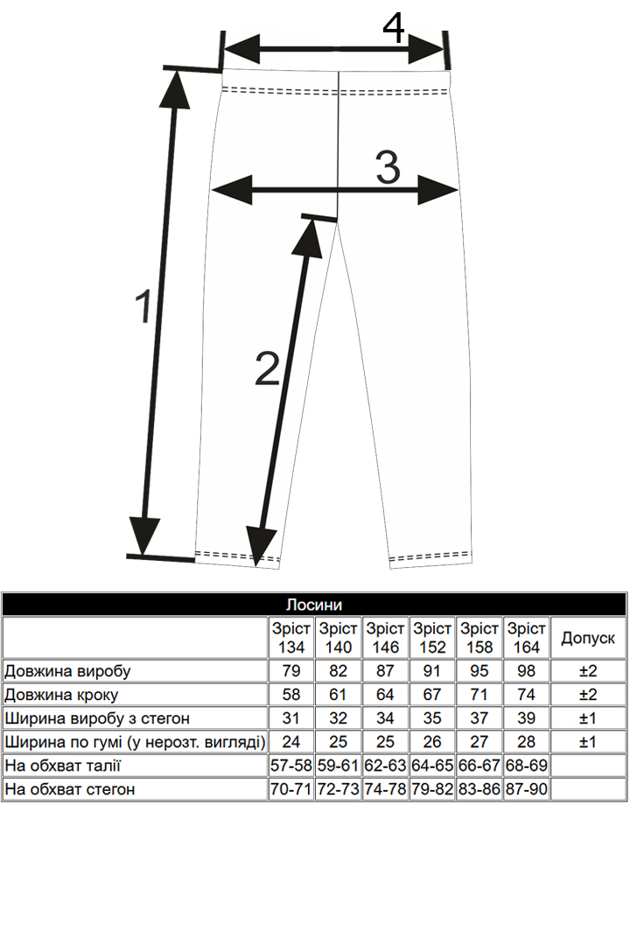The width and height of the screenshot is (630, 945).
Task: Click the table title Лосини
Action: pos(314,605)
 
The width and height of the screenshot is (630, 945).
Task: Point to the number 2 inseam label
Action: pos(267,368)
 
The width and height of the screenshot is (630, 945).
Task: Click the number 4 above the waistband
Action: pos(394,29)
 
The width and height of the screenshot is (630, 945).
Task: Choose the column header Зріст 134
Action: pos(291,638)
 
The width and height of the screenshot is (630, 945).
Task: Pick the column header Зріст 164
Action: pos(526,638)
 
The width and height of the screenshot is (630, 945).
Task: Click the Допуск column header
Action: pos(588,639)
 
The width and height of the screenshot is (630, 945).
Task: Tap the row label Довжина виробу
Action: pos(67,671)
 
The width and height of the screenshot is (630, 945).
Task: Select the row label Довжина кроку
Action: pos(61,695)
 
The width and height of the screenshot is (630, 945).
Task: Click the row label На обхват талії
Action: pos(63,766)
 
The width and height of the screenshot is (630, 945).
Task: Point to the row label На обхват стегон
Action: pos(70,789)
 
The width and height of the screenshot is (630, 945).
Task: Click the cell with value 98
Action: pos(526,671)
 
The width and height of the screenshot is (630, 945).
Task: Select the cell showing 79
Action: pos(291,671)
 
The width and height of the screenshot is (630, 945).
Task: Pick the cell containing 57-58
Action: pos(291,766)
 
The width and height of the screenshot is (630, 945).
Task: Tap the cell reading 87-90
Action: pos(526,789)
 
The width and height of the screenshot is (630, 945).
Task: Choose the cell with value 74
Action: pos(526,695)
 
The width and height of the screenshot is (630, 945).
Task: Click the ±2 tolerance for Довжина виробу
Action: pos(588,671)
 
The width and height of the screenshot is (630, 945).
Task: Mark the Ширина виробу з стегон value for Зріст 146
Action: pos(385,718)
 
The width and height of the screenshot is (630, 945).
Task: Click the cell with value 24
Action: pos(291,742)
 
